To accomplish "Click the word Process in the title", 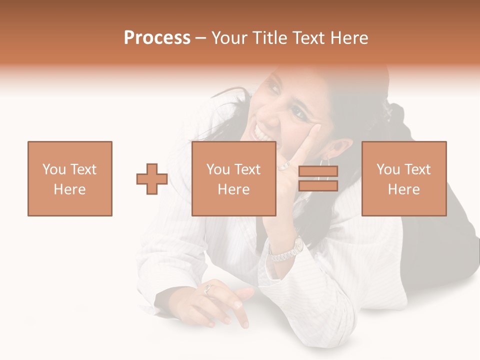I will pyautogui.click(x=157, y=38).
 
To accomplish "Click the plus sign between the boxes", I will pyautogui.click(x=152, y=178).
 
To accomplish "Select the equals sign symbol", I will pyautogui.click(x=318, y=178).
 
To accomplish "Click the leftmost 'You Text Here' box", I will pyautogui.click(x=70, y=178).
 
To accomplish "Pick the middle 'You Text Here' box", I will pyautogui.click(x=234, y=178).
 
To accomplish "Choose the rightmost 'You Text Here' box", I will pyautogui.click(x=404, y=178).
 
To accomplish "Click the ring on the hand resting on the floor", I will pyautogui.click(x=208, y=288).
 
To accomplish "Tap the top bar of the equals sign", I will pyautogui.click(x=318, y=171).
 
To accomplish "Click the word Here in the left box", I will pyautogui.click(x=70, y=189).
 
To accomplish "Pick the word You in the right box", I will pyautogui.click(x=388, y=169).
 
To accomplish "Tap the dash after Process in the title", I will pyautogui.click(x=201, y=38).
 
